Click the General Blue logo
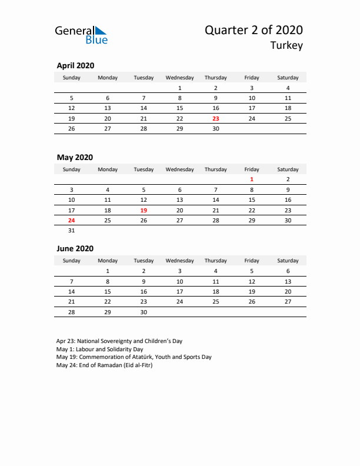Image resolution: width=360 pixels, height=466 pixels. (x=81, y=35)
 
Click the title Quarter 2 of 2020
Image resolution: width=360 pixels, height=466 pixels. (x=254, y=30)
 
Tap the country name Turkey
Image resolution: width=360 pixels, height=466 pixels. (x=286, y=46)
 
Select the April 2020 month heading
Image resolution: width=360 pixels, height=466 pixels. (x=75, y=66)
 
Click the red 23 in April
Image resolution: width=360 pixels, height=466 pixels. (x=216, y=118)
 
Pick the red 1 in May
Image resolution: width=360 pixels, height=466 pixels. (x=252, y=179)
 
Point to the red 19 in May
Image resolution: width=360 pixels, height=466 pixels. (x=144, y=210)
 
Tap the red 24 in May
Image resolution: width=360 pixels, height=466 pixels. (x=72, y=220)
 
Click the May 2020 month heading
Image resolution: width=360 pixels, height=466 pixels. (x=75, y=158)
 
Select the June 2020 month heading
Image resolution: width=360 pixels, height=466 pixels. (x=75, y=249)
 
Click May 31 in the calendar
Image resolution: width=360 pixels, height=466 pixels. (x=72, y=231)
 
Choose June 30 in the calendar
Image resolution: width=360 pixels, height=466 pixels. (x=144, y=312)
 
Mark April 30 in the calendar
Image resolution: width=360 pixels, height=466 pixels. (x=216, y=129)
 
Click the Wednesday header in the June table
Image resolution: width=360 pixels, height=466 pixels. (x=179, y=261)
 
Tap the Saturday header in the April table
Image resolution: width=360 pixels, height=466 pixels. (x=288, y=78)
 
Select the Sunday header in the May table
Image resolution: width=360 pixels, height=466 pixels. (x=72, y=169)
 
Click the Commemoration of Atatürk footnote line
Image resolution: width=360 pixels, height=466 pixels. (x=134, y=357)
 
